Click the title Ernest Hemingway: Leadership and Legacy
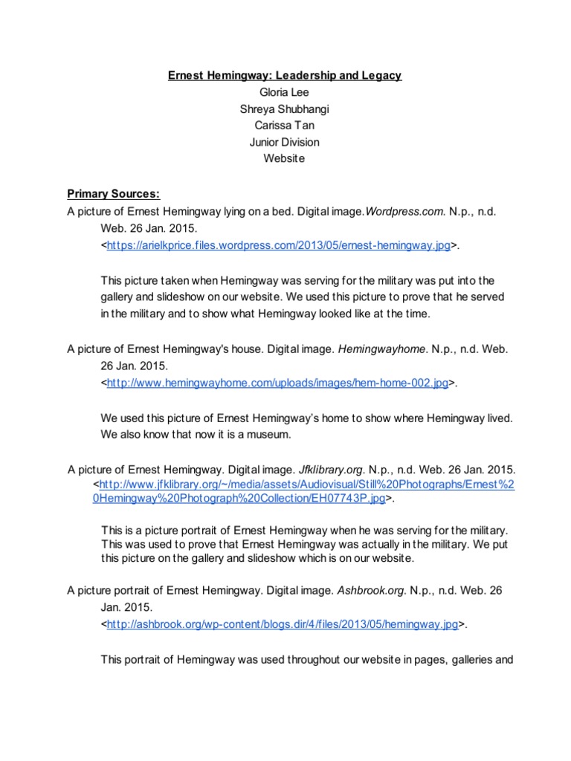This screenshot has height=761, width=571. pyautogui.click(x=285, y=76)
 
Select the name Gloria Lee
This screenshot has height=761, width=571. pyautogui.click(x=285, y=92)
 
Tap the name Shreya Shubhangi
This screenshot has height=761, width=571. pyautogui.click(x=285, y=109)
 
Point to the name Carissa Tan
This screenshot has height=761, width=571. pyautogui.click(x=285, y=125)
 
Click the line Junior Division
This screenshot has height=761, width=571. pyautogui.click(x=285, y=141)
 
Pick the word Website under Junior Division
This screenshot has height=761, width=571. pyautogui.click(x=285, y=158)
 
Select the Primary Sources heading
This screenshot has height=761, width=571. pyautogui.click(x=113, y=195)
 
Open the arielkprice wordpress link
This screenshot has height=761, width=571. pyautogui.click(x=278, y=245)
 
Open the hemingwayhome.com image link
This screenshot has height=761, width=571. pyautogui.click(x=277, y=383)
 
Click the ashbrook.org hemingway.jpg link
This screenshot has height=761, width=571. pyautogui.click(x=283, y=625)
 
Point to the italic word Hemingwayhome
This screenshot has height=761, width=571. pyautogui.click(x=382, y=349)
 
